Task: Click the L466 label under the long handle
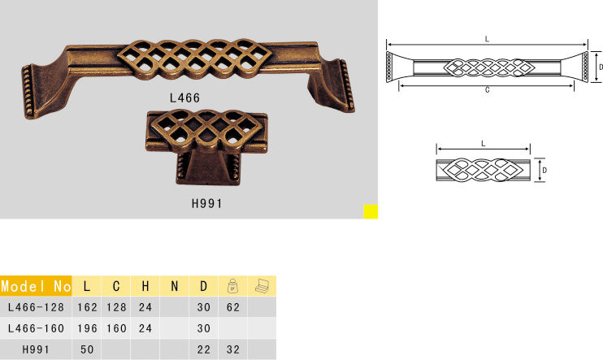pyautogui.click(x=184, y=98)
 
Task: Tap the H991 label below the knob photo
pyautogui.click(x=207, y=203)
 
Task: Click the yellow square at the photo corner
pyautogui.click(x=371, y=211)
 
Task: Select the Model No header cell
pyautogui.click(x=36, y=286)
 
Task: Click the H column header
pyautogui.click(x=145, y=286)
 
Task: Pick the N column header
pyautogui.click(x=174, y=286)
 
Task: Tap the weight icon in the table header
pyautogui.click(x=232, y=286)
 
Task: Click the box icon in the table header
pyautogui.click(x=262, y=285)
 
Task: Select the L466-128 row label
pyautogui.click(x=36, y=307)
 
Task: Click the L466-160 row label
pyautogui.click(x=36, y=328)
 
